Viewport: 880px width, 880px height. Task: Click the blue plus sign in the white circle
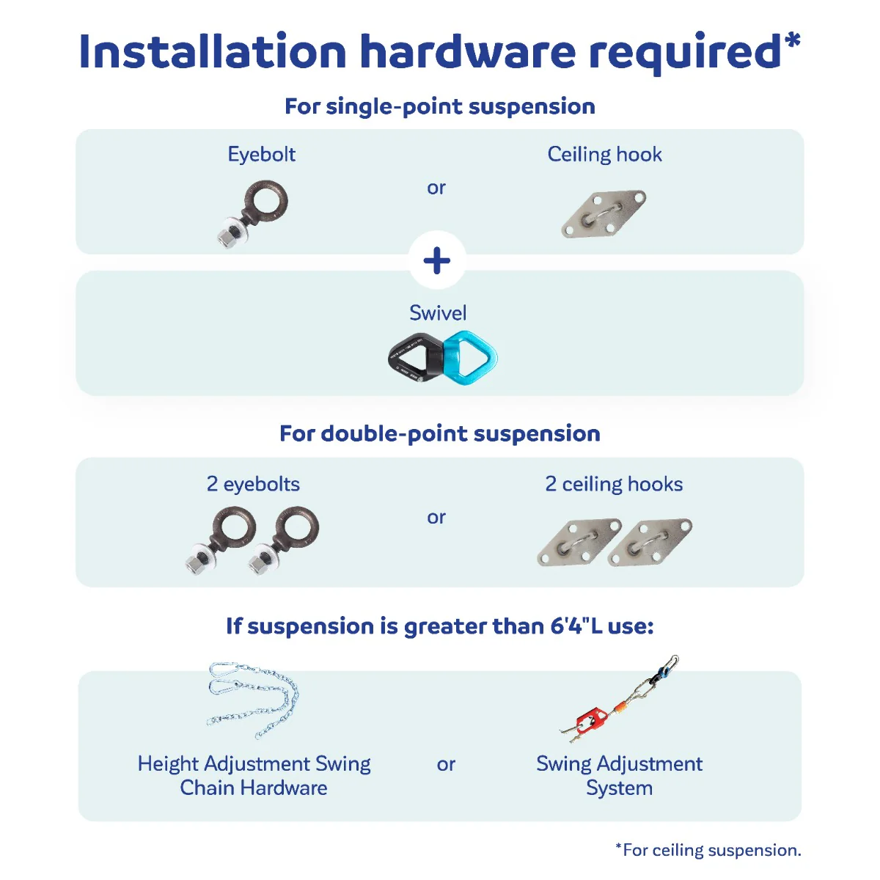436,261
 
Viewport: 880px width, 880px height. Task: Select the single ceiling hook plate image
604,213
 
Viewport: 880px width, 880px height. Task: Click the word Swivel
438,313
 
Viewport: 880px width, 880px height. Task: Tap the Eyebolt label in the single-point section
261,154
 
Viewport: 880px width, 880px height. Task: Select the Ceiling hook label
604,154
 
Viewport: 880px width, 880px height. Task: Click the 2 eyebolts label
253,484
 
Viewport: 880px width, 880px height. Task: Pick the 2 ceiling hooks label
614,483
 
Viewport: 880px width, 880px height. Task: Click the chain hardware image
254,700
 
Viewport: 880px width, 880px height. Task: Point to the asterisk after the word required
793,40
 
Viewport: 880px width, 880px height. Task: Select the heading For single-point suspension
440,106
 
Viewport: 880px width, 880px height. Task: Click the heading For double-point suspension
440,433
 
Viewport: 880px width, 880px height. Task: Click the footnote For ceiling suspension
708,851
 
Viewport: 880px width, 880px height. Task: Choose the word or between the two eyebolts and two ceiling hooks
436,518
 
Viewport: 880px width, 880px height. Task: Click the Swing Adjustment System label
619,776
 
